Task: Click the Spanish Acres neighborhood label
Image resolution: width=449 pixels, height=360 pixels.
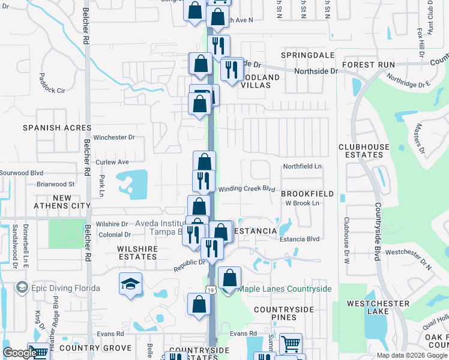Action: [x=57, y=128]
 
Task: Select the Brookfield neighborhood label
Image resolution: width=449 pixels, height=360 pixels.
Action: [x=307, y=194]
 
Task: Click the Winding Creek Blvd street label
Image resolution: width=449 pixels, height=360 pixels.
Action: [x=246, y=189]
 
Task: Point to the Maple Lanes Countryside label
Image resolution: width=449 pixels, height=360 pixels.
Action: [x=285, y=289]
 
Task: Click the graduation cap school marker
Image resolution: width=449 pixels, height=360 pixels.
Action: [x=131, y=283]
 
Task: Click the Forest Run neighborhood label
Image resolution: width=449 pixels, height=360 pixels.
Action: [x=368, y=64]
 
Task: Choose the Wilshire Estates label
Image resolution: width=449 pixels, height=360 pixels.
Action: [x=137, y=253]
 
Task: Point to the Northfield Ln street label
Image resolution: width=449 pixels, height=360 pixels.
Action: [x=303, y=166]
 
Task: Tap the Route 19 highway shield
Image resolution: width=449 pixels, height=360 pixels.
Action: [x=211, y=290]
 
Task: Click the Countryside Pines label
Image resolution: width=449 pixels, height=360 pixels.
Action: [x=283, y=313]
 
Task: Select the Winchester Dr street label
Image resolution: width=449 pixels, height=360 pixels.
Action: [x=115, y=137]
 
